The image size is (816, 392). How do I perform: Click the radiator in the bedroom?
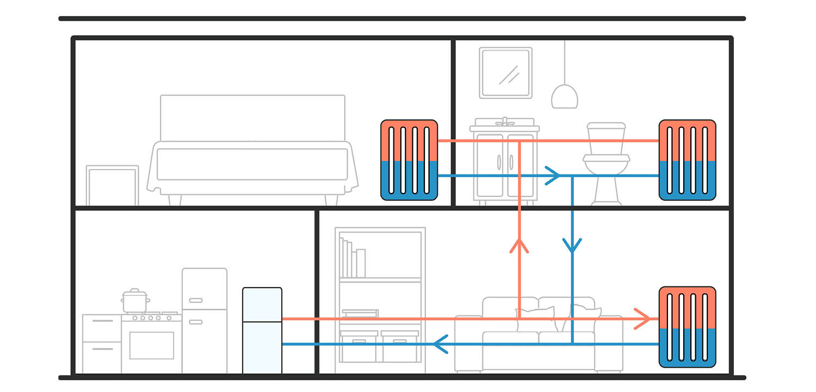(409, 160)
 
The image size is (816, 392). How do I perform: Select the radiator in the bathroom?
(687, 160)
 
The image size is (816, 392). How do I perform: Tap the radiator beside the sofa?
(687, 327)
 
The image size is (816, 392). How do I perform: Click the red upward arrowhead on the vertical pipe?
(520, 246)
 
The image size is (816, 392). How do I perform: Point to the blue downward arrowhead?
(572, 245)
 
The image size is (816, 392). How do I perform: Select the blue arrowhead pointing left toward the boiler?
(440, 344)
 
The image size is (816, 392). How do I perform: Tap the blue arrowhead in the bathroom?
(553, 176)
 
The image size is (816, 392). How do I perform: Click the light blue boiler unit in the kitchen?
(262, 330)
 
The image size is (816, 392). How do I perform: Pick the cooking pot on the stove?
(135, 301)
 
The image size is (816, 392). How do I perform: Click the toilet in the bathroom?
(606, 163)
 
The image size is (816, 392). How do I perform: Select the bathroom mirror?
(505, 73)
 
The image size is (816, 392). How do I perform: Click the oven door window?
(151, 345)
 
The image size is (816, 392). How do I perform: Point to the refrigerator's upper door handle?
(196, 301)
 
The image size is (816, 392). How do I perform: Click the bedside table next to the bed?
(112, 185)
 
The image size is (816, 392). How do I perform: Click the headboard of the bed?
(252, 117)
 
